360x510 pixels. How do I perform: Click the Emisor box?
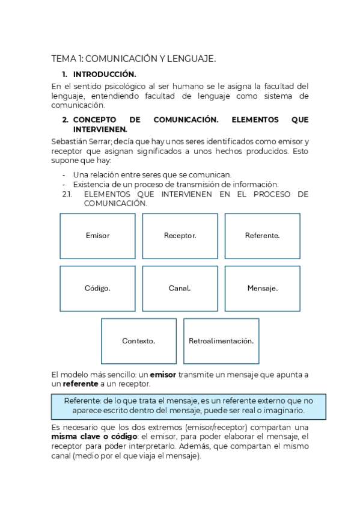pos(97,236)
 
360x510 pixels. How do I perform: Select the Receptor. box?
pos(180,236)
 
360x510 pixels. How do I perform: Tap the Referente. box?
pos(262,236)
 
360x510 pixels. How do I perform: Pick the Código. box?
pos(97,288)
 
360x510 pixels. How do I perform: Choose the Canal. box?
pos(180,288)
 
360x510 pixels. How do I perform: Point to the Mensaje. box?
pos(262,288)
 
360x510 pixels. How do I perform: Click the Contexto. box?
pos(138,341)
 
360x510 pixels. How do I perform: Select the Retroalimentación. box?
pos(221,341)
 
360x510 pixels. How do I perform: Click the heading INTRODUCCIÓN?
pos(105,75)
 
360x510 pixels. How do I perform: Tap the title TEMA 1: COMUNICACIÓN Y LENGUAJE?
pos(133,58)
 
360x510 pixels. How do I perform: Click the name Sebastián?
pos(70,141)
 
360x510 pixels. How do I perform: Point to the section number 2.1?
pos(67,194)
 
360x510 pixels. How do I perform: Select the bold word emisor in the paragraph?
pos(163,374)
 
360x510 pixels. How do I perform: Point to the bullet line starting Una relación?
pos(152,174)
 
